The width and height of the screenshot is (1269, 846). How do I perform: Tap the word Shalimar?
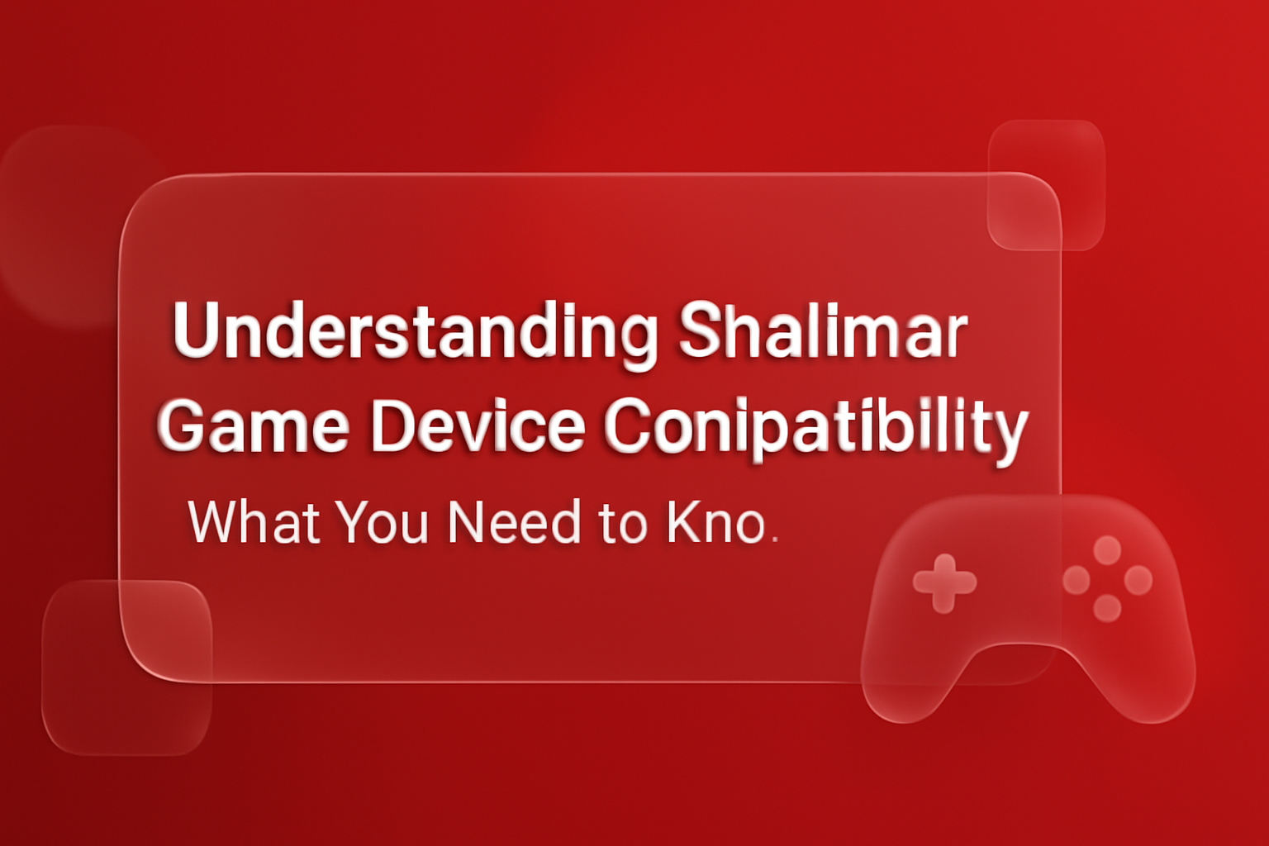(x=822, y=330)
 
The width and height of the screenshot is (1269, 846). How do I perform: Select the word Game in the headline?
(x=253, y=426)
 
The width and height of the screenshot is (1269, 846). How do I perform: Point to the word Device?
(x=478, y=426)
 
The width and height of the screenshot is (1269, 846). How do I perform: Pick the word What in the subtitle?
(x=254, y=523)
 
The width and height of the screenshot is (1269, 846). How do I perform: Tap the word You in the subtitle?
(x=381, y=523)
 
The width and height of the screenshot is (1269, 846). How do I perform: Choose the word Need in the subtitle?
(x=514, y=523)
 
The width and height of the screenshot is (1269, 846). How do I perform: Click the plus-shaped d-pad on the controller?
(x=944, y=583)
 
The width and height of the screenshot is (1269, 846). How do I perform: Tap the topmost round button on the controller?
(x=1107, y=549)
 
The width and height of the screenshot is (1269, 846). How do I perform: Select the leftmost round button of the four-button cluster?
(x=1077, y=580)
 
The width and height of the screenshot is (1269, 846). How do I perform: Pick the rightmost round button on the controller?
(x=1138, y=580)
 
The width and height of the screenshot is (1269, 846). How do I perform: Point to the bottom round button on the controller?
(x=1107, y=609)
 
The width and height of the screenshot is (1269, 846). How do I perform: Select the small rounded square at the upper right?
(x=1046, y=184)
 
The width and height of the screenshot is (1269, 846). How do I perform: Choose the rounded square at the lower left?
(x=126, y=667)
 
